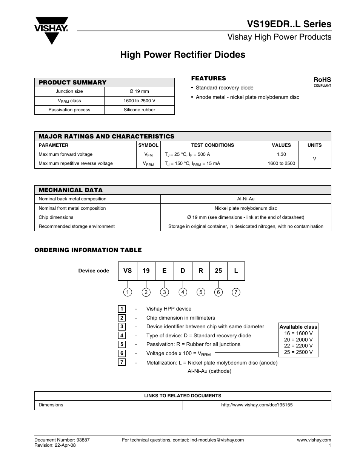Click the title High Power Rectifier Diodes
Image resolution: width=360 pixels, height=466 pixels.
coord(183,55)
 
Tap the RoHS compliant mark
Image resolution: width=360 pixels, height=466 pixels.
coord(322,82)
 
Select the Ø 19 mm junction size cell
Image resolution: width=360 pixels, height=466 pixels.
coord(139,91)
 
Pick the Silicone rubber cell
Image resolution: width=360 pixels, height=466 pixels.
coord(139,110)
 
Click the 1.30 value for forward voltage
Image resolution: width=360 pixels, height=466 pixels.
coord(281,154)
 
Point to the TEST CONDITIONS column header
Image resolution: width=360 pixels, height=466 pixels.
coord(212,145)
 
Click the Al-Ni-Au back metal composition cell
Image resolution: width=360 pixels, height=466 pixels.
coord(246,199)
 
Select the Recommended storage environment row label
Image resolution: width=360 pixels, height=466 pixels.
coord(77,226)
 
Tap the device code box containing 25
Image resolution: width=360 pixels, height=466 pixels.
coord(218,271)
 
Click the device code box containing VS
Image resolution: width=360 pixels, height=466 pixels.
coord(128,271)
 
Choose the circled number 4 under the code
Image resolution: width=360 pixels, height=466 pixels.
coord(183,292)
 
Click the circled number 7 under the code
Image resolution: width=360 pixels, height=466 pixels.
coord(236,292)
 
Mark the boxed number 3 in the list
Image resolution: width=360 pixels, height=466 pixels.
coord(122,327)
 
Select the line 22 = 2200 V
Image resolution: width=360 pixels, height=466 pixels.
coord(298,346)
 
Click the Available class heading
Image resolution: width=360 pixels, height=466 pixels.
coord(298,327)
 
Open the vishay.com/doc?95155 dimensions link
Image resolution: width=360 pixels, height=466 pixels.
coord(257,405)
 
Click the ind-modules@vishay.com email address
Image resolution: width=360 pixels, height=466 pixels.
coord(217,440)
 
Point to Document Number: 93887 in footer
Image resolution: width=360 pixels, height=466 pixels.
coord(62,440)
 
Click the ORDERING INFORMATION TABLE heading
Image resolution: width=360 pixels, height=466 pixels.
coord(88,250)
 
